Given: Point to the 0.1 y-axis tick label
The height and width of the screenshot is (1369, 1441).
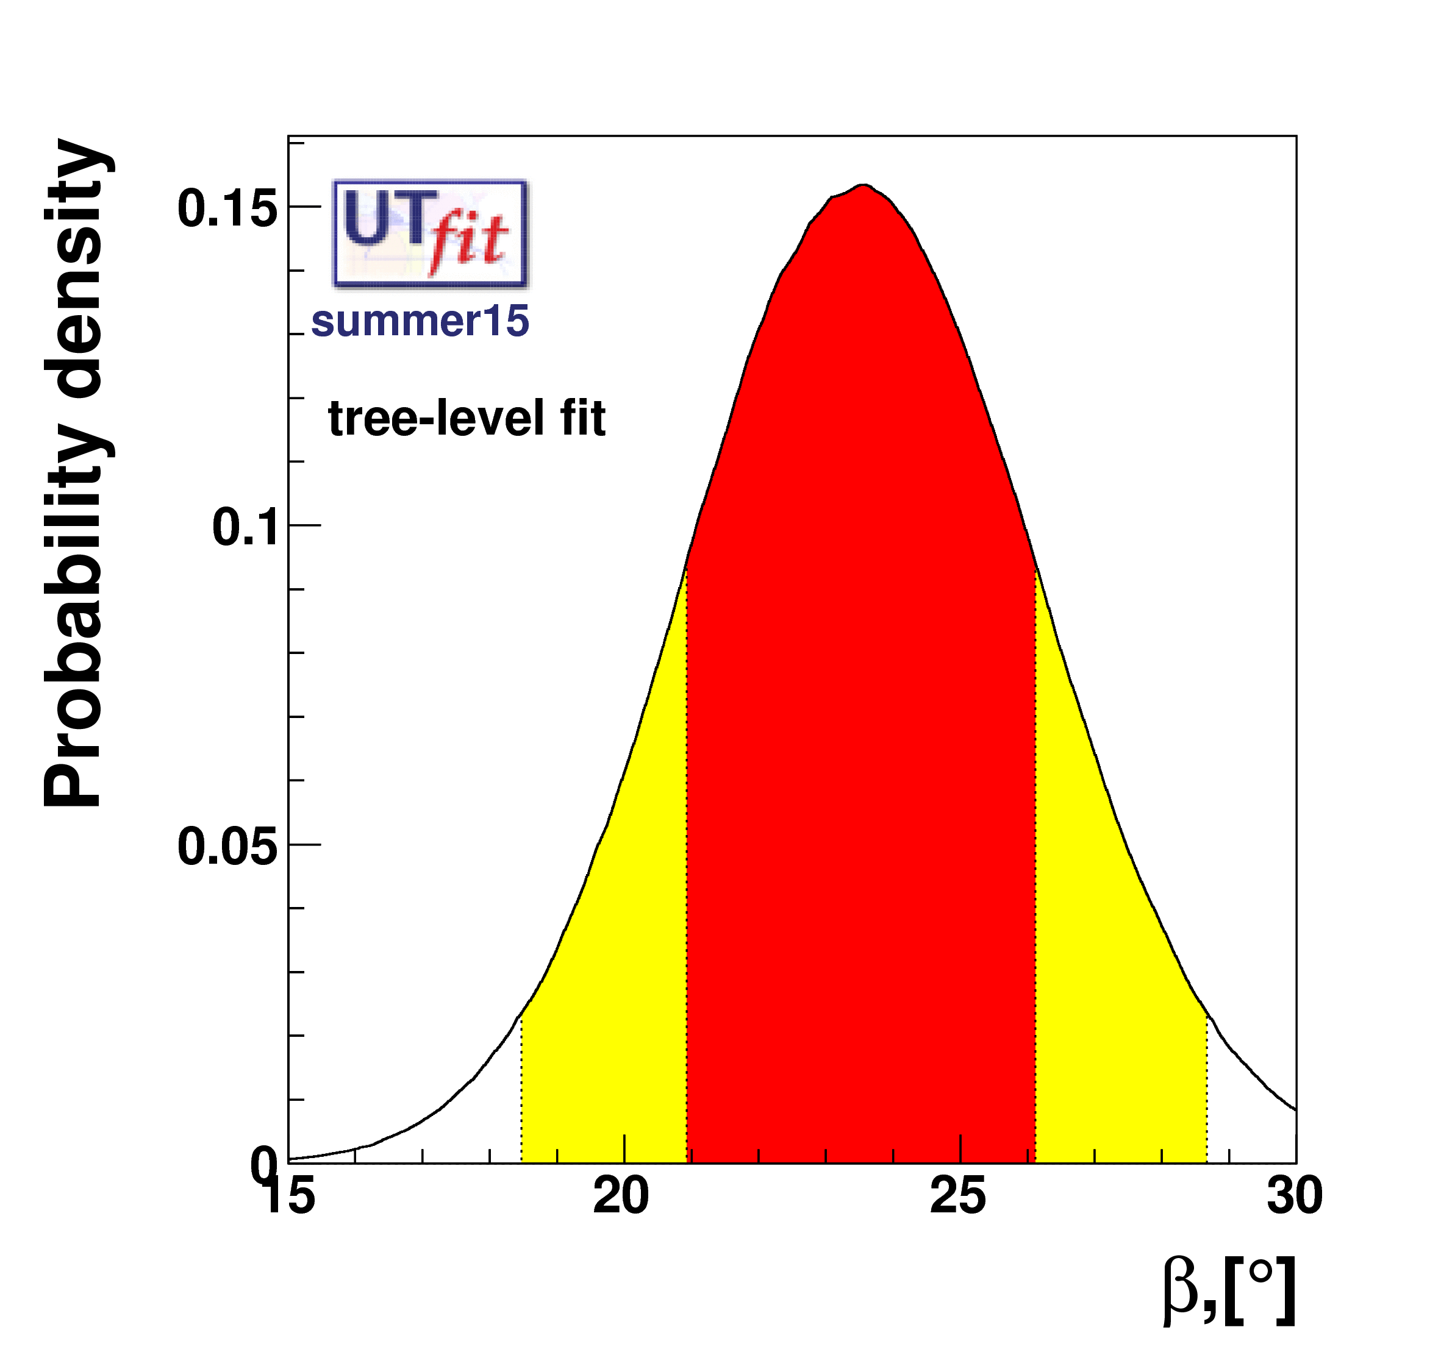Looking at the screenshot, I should pyautogui.click(x=245, y=528).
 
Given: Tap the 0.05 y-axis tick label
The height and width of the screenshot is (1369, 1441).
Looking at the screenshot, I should pyautogui.click(x=227, y=847).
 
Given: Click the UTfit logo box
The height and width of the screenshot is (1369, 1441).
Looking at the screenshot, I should pyautogui.click(x=430, y=233).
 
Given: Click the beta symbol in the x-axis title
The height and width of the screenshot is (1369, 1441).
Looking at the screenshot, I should pyautogui.click(x=1179, y=1292).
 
